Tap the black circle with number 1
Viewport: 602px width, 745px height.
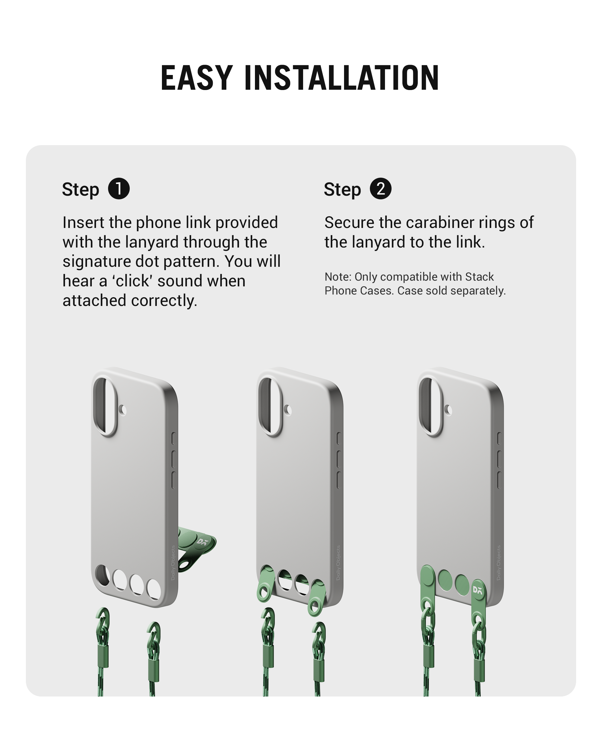(x=119, y=189)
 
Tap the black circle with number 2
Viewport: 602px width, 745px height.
(x=380, y=189)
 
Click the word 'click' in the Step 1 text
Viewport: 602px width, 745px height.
(x=129, y=281)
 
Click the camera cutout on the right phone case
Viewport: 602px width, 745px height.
(x=431, y=406)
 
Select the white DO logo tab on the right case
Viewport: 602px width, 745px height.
(x=478, y=590)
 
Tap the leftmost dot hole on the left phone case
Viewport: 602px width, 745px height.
(x=102, y=575)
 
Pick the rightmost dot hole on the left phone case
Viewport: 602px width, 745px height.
(x=154, y=589)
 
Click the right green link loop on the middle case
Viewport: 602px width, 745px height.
(x=317, y=597)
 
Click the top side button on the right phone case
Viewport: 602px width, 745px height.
(x=499, y=438)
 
